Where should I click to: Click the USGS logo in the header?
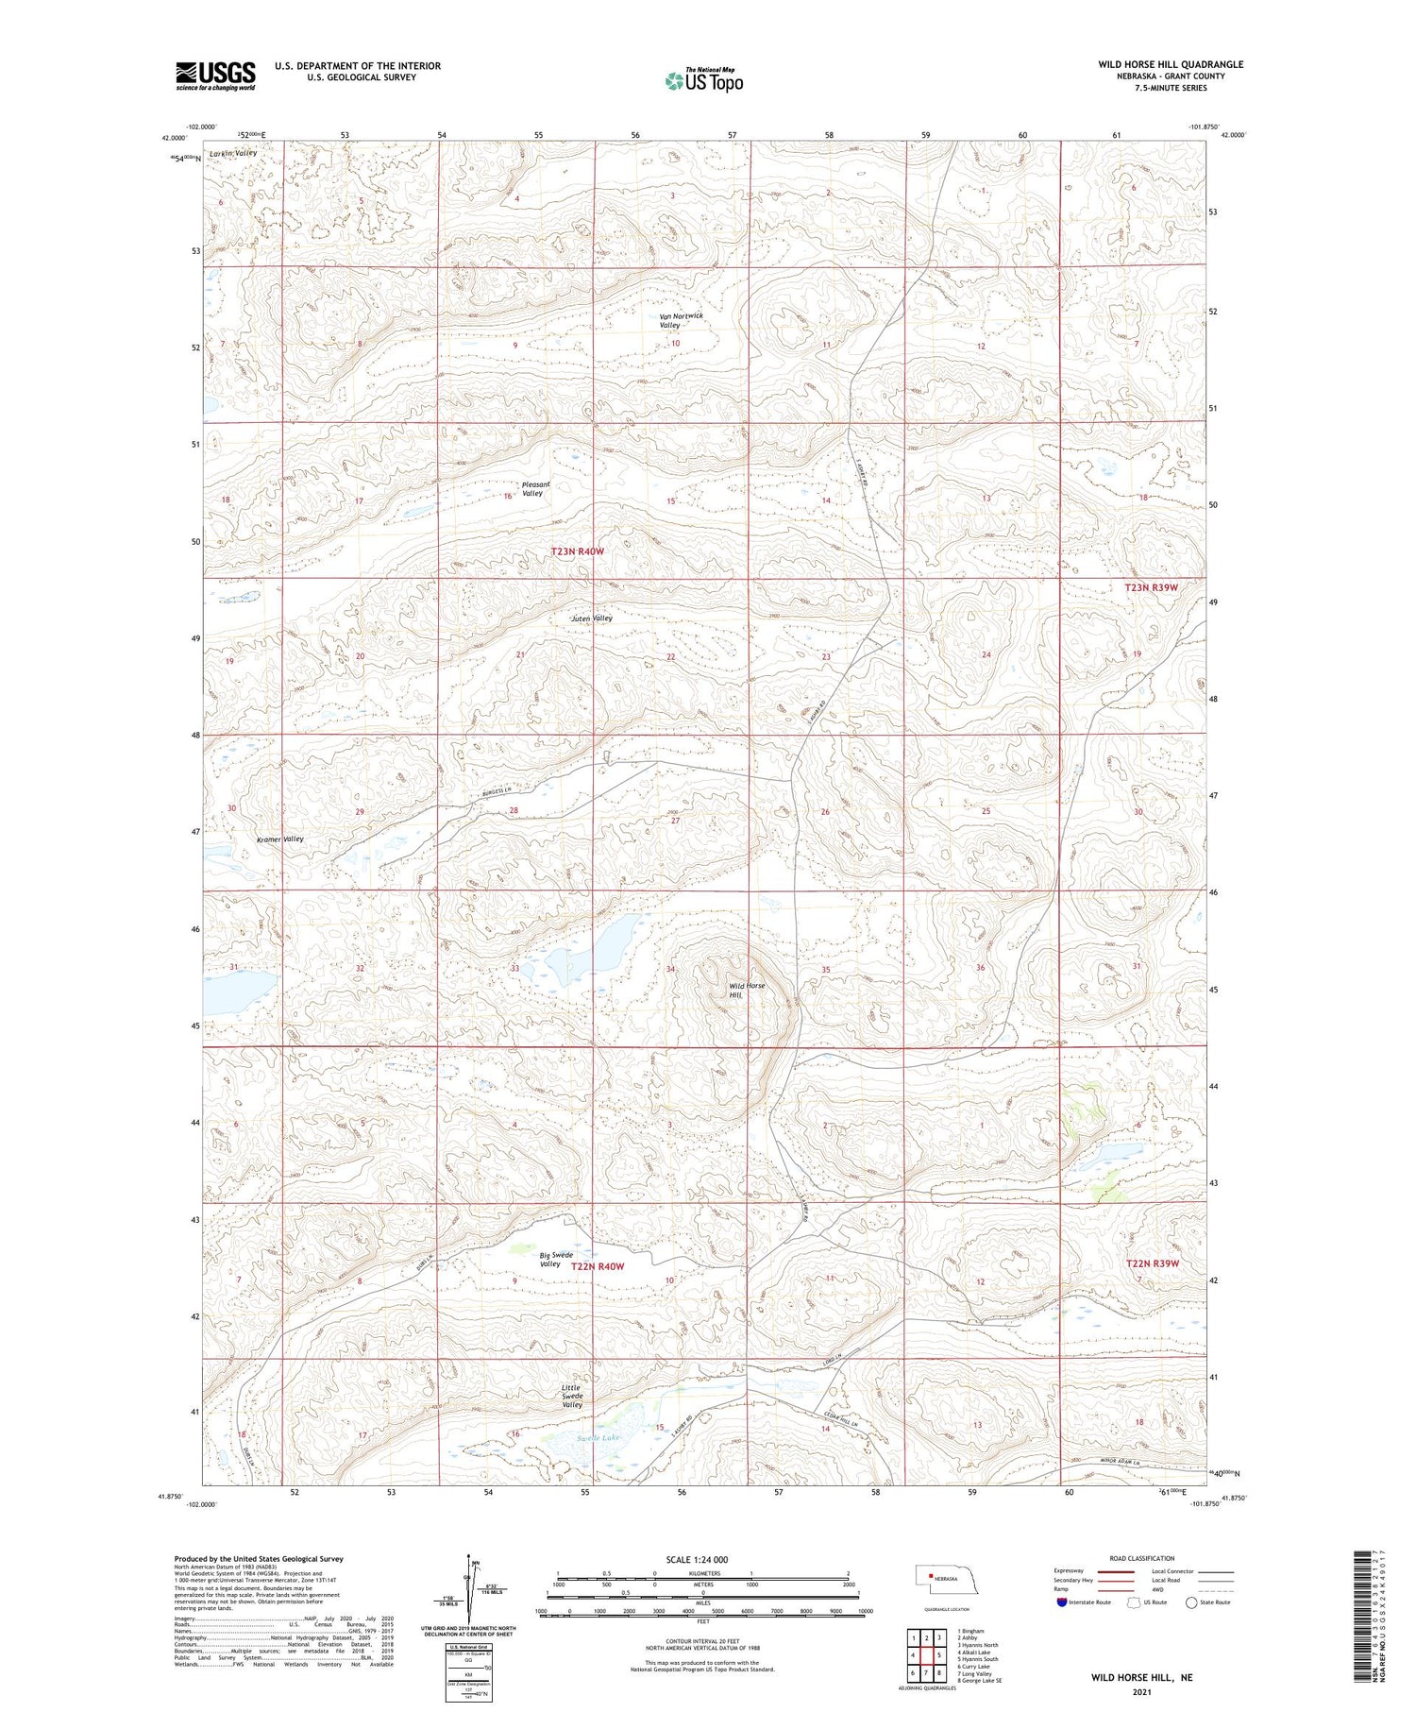(215, 76)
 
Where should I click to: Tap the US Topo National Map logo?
(703, 80)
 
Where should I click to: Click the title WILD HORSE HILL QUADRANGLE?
(1170, 64)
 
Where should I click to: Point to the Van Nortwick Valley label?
(681, 320)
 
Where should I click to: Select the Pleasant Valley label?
(535, 488)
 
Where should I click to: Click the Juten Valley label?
(592, 619)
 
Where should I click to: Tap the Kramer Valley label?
(280, 839)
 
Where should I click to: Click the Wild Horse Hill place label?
(747, 990)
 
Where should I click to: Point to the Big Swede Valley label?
(555, 1260)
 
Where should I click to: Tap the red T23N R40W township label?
(577, 551)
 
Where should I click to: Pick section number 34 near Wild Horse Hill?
(671, 969)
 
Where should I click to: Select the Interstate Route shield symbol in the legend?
(1062, 1602)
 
